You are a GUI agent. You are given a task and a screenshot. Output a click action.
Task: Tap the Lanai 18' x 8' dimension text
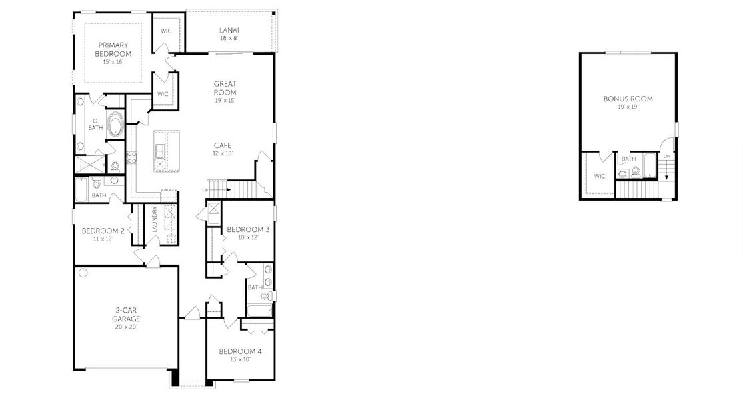tap(229, 39)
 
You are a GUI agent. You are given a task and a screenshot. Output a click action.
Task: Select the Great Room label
tap(225, 88)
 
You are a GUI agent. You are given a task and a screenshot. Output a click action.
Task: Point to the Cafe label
tap(223, 145)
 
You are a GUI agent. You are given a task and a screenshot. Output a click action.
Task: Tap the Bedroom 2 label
tap(103, 231)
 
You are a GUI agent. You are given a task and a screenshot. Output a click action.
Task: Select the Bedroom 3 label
tap(248, 230)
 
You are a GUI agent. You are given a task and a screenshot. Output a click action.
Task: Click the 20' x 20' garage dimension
tap(125, 327)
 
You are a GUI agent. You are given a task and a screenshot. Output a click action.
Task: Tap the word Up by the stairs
tap(205, 191)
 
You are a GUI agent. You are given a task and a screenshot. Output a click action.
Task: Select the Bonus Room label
tap(628, 99)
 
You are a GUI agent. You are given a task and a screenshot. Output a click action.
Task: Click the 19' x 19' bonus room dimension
tap(628, 107)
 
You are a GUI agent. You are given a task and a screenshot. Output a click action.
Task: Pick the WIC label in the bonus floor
tap(600, 177)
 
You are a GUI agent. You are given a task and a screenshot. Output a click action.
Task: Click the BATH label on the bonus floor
tap(628, 159)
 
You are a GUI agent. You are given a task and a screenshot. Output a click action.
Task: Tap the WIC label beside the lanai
tap(167, 31)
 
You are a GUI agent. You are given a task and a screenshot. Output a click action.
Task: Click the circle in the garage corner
tap(83, 273)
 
